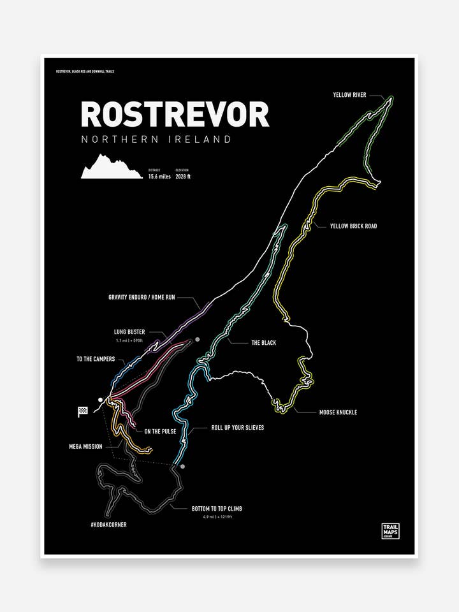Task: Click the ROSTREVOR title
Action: [x=175, y=115]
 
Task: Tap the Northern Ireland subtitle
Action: [x=156, y=139]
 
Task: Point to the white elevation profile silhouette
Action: [x=112, y=166]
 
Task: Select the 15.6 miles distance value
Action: [x=159, y=177]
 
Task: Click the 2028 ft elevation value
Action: [x=183, y=177]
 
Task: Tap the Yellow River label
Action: [x=349, y=95]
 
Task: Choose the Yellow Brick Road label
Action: [x=353, y=226]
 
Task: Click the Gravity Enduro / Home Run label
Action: [x=150, y=297]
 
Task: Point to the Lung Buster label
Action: [x=130, y=332]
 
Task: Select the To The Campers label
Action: [x=96, y=359]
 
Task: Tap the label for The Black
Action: [x=263, y=343]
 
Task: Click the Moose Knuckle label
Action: [x=338, y=412]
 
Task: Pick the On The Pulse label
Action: [x=160, y=432]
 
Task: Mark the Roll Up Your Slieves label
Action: [x=238, y=428]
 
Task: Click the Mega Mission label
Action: [x=85, y=446]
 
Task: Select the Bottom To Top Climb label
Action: [x=217, y=509]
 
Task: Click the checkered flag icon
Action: [x=82, y=411]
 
